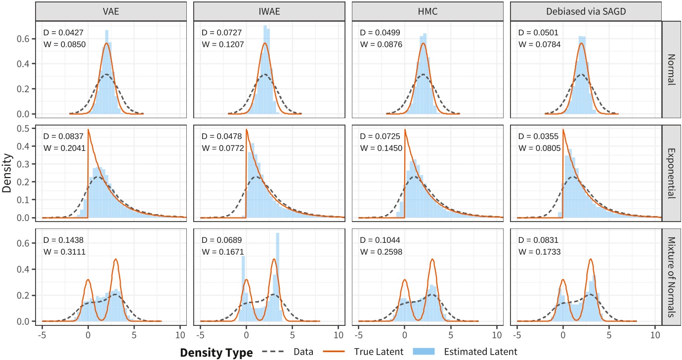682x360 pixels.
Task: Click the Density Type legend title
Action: tap(216, 352)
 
